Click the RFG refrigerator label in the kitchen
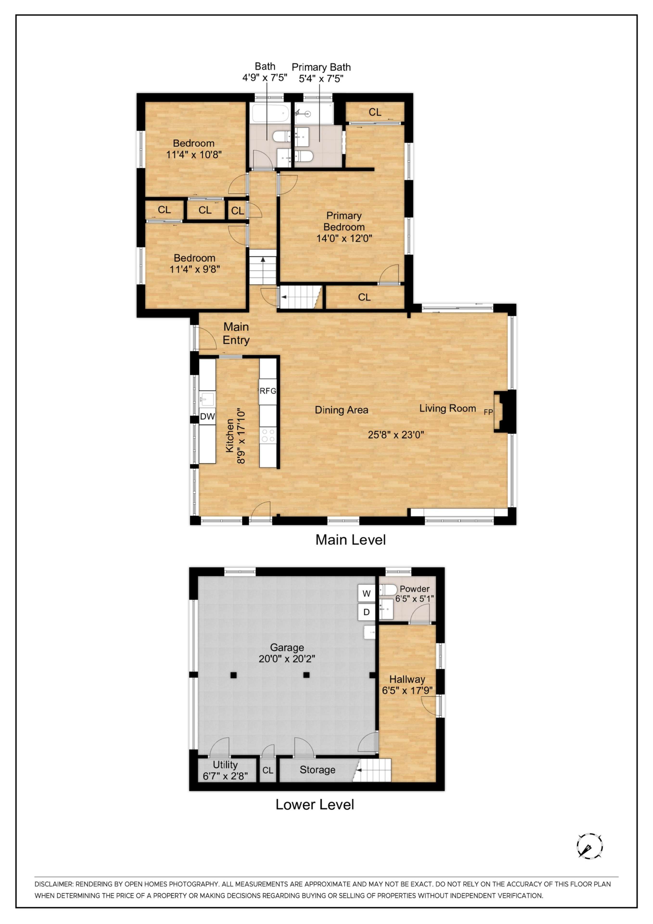pos(267,391)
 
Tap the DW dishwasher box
pos(208,417)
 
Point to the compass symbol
pos(590,846)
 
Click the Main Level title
pos(350,540)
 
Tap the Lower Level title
pos(315,804)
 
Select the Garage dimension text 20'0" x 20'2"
pos(287,659)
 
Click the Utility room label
pos(225,765)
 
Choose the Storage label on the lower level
pos(317,770)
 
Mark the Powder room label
pos(414,589)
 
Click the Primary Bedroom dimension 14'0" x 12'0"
pos(344,238)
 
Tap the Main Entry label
pos(236,333)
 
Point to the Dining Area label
pos(341,410)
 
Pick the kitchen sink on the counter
pos(208,400)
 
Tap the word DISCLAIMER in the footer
pos(54,884)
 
